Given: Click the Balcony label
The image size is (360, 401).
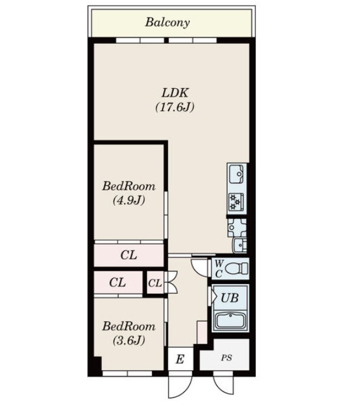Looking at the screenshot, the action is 168,22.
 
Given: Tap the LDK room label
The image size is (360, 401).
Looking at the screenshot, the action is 175,93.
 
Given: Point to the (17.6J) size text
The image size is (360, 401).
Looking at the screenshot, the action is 175,107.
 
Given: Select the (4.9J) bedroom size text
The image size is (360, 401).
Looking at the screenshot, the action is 129,200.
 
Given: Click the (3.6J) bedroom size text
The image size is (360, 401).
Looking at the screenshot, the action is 129,340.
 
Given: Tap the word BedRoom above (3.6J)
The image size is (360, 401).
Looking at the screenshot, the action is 129,327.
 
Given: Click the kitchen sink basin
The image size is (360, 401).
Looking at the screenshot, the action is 236,174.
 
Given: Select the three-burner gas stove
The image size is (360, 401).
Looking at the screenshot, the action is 236,202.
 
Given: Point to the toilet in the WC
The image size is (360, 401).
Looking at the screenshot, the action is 237,268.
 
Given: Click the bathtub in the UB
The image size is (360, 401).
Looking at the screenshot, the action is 231,320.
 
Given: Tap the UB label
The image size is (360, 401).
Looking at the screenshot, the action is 230,298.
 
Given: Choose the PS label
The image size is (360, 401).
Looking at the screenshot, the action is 227,358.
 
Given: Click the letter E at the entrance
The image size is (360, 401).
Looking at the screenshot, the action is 180,359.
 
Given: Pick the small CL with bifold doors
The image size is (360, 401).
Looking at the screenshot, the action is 155,283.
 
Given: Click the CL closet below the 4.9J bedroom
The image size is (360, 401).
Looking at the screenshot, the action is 128,255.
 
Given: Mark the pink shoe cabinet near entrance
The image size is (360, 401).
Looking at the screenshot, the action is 202,332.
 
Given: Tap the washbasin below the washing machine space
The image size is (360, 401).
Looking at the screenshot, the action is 240,245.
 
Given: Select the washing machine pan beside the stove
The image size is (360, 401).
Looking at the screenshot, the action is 237,227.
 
